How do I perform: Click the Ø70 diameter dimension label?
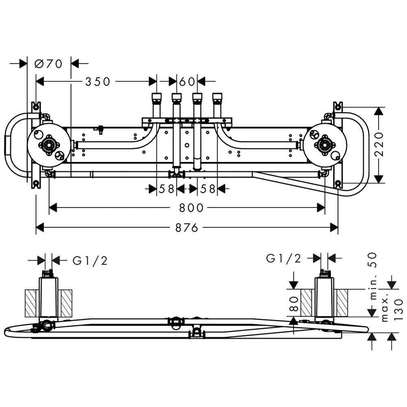48,63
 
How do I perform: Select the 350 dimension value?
98,82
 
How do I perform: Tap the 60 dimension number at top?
187,82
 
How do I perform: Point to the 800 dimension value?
191,208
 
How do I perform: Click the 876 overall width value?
187,228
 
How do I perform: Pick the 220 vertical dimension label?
379,144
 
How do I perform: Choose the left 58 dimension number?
166,189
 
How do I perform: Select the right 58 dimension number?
208,189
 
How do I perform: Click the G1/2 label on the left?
90,260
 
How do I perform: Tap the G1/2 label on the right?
284,258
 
